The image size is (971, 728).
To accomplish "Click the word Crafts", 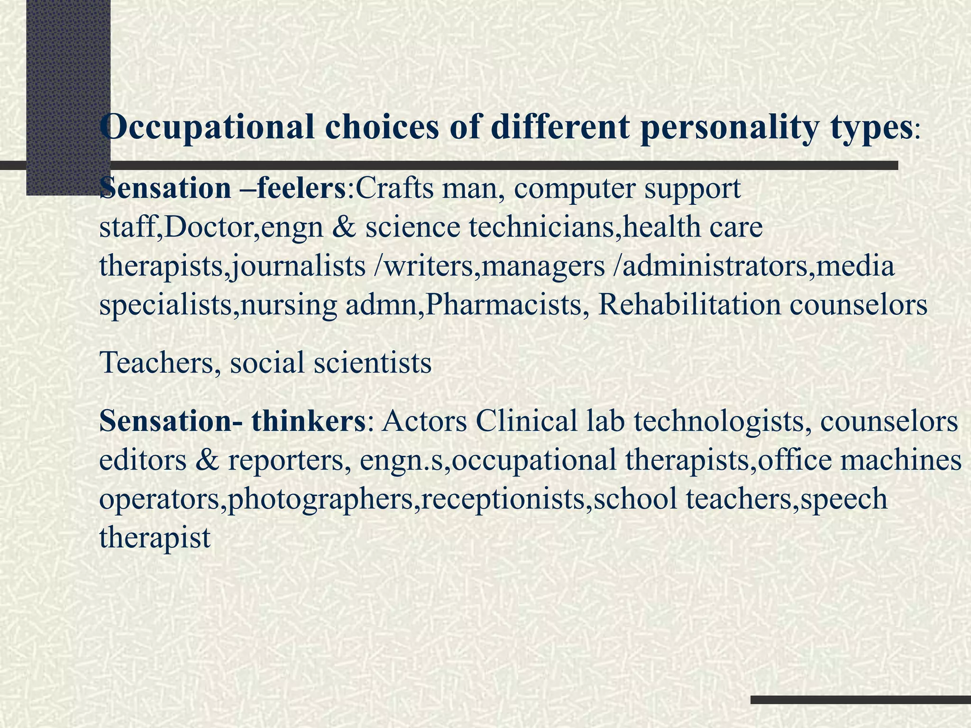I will click(394, 188).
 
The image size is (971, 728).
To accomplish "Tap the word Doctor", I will click(211, 227).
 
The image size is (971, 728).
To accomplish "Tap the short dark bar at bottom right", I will click(861, 700).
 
